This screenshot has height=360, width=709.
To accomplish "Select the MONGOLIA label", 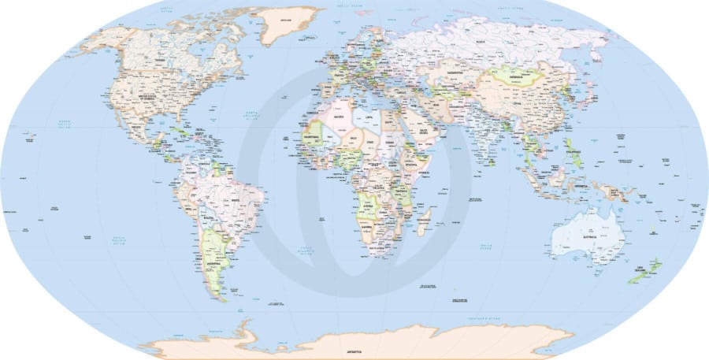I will point(517,77).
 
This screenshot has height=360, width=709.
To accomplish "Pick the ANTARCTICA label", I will point(357,347).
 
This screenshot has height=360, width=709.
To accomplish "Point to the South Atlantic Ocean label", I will point(306,250).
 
